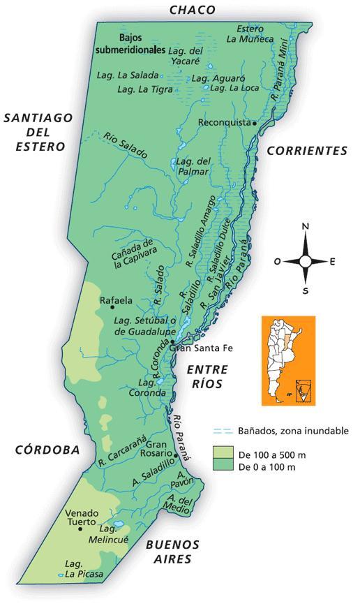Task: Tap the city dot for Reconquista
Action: click(x=255, y=123)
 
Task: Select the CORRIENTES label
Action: click(x=306, y=150)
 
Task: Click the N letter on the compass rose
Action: click(x=305, y=227)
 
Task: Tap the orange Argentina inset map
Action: click(x=287, y=360)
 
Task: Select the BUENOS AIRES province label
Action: click(x=172, y=552)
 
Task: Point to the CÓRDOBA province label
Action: click(x=47, y=450)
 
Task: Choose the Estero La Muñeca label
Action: click(x=249, y=34)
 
